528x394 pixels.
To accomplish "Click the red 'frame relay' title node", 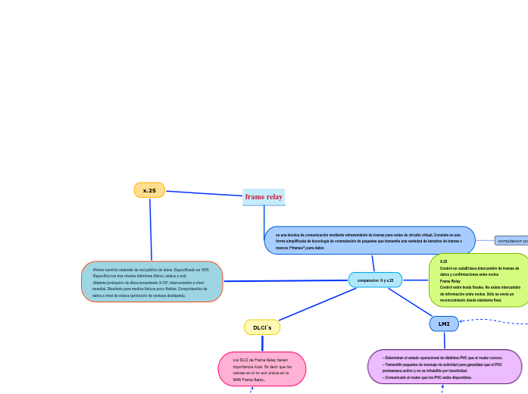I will tap(264, 197).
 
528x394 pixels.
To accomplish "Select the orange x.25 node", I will tap(149, 190).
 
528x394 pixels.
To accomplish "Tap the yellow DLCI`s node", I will tap(262, 327).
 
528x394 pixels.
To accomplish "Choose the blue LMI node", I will tap(444, 324).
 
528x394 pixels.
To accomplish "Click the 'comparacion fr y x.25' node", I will tap(375, 280).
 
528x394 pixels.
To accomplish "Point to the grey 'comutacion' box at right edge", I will tap(511, 240).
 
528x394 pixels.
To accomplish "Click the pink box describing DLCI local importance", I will tap(261, 369).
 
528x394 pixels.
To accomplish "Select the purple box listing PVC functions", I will tap(444, 367).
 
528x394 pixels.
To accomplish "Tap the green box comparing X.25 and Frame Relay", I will tap(479, 280).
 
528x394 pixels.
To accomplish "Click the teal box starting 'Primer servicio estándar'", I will tap(152, 282).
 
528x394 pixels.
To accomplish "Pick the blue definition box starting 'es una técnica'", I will tap(370, 241).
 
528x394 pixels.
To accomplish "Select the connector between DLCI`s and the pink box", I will tap(262, 343).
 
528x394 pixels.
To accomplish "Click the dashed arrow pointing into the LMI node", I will tap(492, 321).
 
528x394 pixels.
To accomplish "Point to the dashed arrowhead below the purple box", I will tap(442, 387).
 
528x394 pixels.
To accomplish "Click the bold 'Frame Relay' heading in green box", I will tap(451, 280).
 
